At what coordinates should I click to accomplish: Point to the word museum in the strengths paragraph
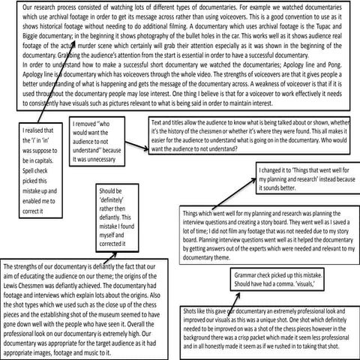(x=122, y=314)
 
